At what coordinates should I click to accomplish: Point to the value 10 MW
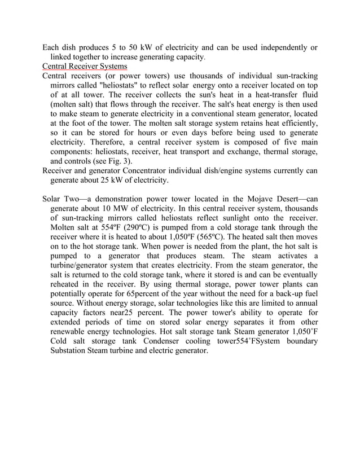pyautogui.click(x=115, y=209)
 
